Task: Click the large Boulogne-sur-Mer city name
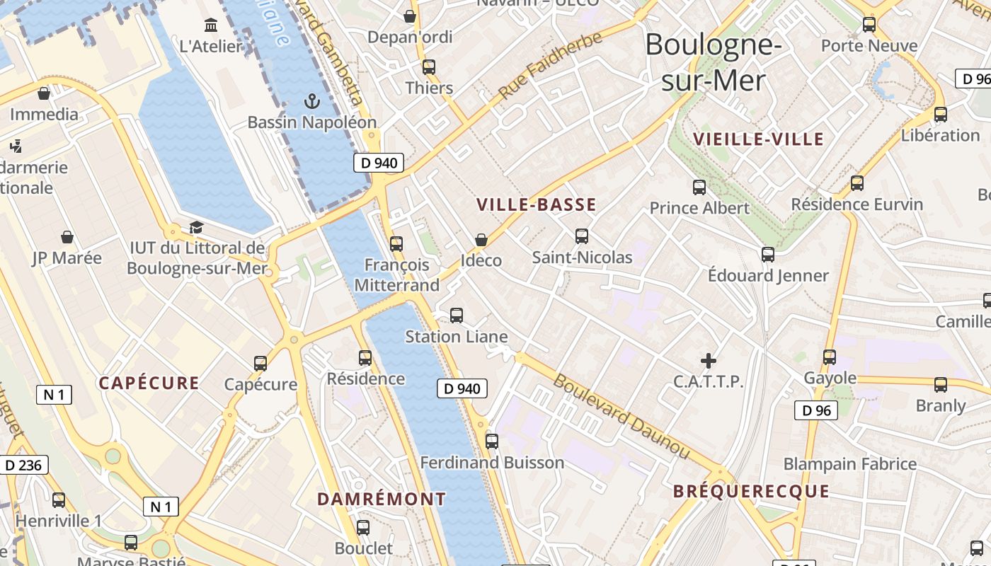point(714,62)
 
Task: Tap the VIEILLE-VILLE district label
point(759,139)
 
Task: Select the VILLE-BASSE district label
point(536,205)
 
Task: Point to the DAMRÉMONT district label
point(382,499)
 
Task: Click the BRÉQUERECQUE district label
point(750,491)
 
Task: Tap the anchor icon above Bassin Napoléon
point(311,101)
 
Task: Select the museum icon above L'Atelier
point(211,26)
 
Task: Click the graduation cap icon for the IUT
point(196,227)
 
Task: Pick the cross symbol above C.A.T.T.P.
point(708,361)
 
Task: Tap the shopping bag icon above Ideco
point(481,240)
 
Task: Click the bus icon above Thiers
point(429,67)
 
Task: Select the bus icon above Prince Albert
point(699,187)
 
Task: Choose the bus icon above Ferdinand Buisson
point(492,441)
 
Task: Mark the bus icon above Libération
point(940,115)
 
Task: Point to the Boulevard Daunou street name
point(621,416)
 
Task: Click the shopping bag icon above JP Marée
point(67,237)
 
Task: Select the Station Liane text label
point(456,337)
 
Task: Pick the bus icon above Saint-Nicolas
point(582,236)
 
